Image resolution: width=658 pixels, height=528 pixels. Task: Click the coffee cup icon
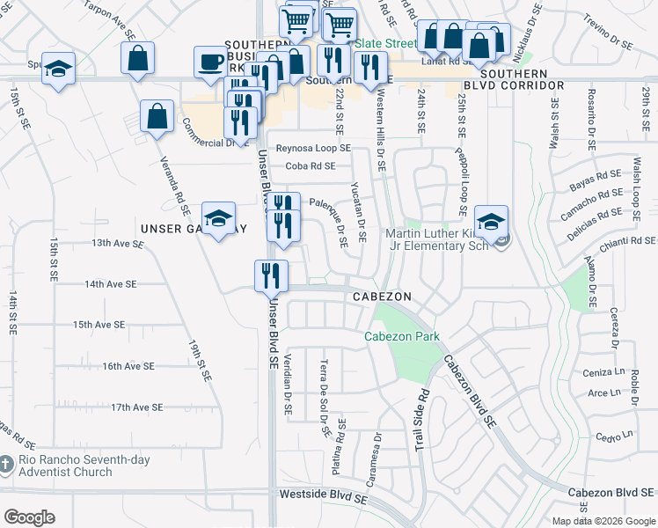pos(210,62)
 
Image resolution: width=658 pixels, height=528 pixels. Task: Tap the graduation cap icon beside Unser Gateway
pos(218,218)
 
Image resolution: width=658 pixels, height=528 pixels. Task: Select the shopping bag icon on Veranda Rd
pos(156,117)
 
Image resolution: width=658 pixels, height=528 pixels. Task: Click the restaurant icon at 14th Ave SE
pos(271,275)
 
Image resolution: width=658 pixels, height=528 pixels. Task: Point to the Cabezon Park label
pos(402,337)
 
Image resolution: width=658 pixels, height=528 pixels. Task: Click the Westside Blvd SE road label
pos(322,496)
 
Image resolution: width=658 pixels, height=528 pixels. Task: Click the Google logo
pos(29,517)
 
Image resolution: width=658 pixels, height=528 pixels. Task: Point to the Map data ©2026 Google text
pos(603,521)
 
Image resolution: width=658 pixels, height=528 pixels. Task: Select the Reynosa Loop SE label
pos(313,149)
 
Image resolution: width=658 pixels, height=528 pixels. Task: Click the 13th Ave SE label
pos(117,243)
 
